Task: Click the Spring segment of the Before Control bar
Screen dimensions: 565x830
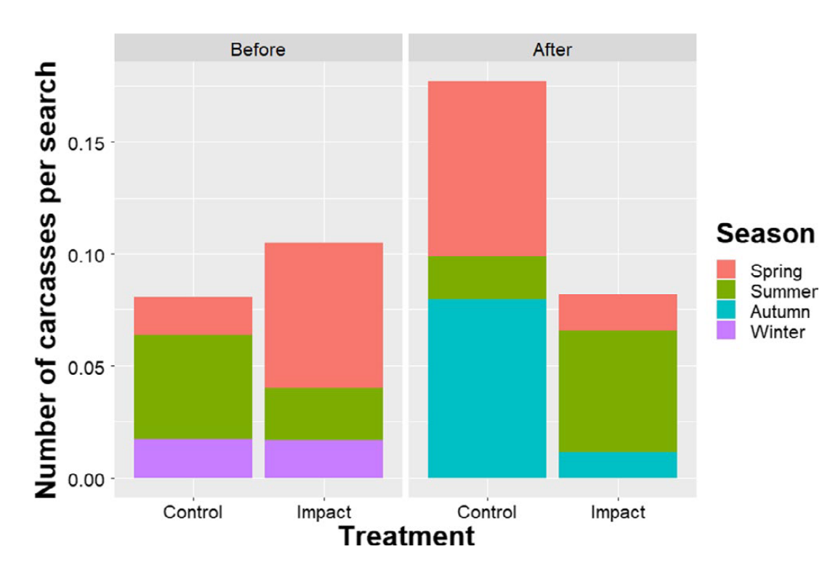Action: (193, 315)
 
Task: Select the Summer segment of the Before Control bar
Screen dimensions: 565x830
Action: (193, 386)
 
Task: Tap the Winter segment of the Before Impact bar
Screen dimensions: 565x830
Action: (323, 458)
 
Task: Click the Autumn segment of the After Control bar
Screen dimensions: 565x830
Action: (487, 388)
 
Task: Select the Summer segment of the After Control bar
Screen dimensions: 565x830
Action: (487, 277)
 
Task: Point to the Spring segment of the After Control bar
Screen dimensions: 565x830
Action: (487, 168)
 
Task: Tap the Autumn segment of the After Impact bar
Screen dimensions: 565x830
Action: (618, 465)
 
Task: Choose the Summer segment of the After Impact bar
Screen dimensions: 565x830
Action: (618, 391)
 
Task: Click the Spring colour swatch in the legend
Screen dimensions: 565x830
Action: (727, 272)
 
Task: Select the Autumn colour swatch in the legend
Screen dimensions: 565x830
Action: (727, 312)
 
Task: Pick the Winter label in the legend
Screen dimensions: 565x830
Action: (777, 332)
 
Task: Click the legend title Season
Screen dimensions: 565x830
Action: (765, 233)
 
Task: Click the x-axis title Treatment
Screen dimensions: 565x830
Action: (406, 537)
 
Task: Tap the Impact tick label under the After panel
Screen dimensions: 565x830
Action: (618, 512)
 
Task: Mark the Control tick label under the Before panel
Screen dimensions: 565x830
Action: (193, 512)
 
